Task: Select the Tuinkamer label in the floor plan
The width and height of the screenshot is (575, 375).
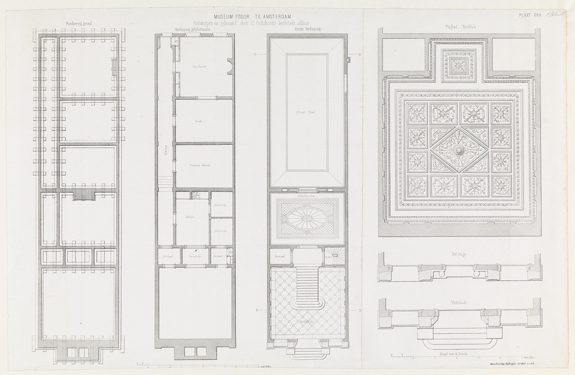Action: (x=199, y=67)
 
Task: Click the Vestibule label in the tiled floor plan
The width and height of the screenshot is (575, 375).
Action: (x=306, y=322)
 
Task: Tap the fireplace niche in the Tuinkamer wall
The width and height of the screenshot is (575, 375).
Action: (x=229, y=67)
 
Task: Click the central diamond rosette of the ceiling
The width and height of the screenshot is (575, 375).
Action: (x=458, y=151)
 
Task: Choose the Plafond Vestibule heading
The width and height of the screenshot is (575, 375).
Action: (x=458, y=26)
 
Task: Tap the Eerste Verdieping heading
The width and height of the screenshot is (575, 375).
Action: (x=306, y=28)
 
